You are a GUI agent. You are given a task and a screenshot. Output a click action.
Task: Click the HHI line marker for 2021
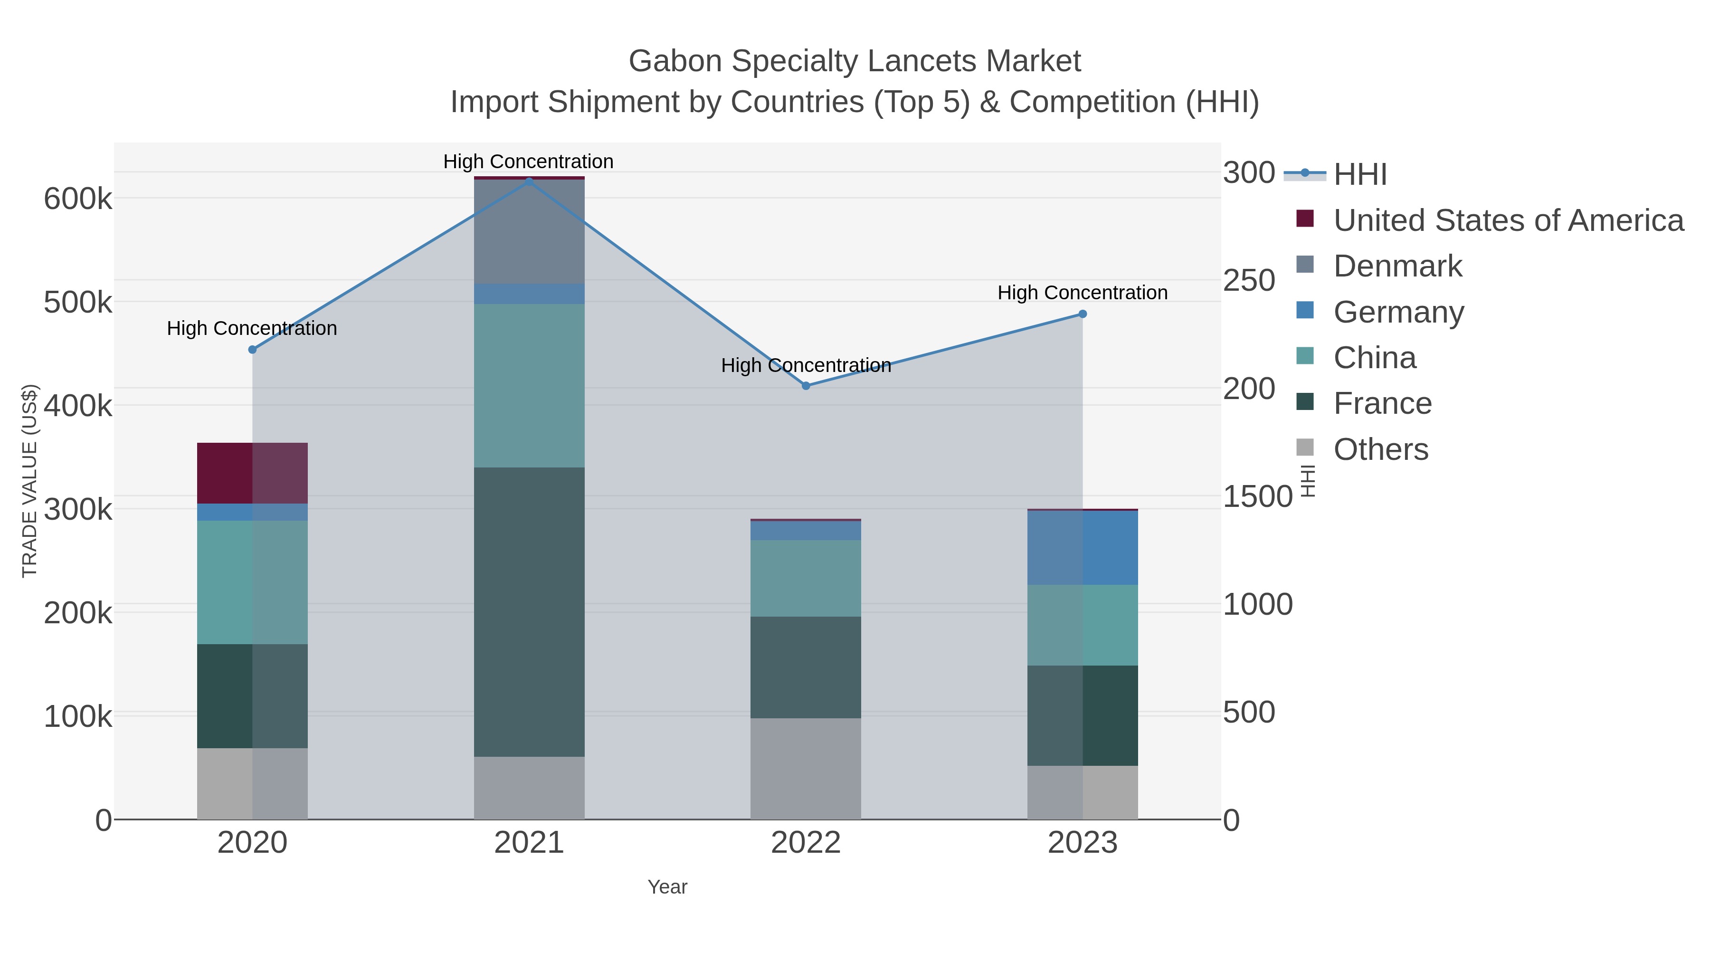click(x=529, y=181)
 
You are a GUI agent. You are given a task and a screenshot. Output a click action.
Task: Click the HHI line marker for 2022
click(x=806, y=386)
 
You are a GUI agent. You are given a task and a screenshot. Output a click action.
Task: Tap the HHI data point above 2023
click(x=1083, y=314)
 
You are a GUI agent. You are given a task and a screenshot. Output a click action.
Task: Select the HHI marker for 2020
click(x=252, y=350)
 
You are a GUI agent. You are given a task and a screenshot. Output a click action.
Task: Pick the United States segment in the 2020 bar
click(x=252, y=473)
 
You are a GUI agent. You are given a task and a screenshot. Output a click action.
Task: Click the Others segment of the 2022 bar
click(x=806, y=768)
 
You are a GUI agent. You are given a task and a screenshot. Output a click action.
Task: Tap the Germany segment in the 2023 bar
click(x=1083, y=548)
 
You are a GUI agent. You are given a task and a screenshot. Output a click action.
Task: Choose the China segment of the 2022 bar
click(x=806, y=578)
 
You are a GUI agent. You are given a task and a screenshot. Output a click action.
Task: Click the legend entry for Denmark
click(x=1397, y=266)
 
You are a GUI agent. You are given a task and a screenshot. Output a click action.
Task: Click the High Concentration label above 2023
click(x=1083, y=293)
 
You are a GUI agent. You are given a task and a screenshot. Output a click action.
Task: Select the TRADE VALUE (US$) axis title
click(x=30, y=481)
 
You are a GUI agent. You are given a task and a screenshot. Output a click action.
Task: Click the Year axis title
click(x=667, y=887)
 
